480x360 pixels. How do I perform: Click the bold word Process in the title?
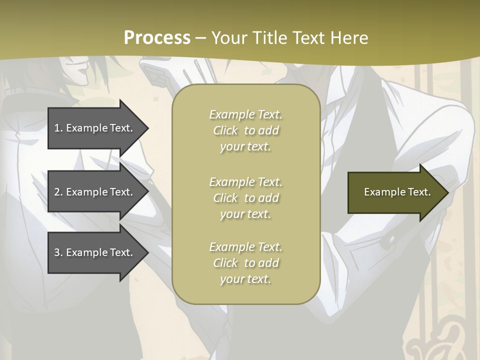(157, 38)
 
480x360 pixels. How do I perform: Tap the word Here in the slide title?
(348, 38)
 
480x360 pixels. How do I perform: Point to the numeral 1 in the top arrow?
(57, 128)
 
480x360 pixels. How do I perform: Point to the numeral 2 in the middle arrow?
(57, 192)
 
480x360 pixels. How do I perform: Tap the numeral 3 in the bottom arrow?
(57, 252)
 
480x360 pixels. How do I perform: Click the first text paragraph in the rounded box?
(245, 130)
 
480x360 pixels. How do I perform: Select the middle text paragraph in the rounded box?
(245, 197)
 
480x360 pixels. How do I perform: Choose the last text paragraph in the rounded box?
(245, 263)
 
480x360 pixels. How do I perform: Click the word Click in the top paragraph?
(225, 130)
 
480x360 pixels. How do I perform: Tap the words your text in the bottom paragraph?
(245, 279)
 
